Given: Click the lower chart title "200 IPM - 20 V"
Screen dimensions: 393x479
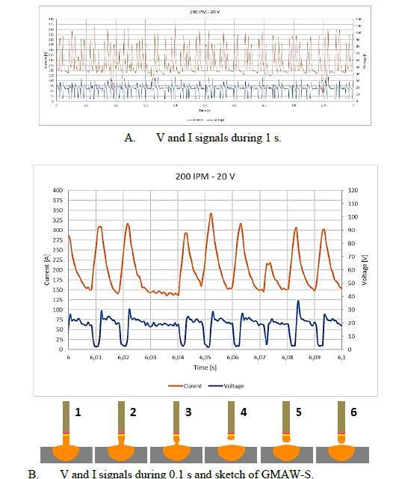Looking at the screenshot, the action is coord(205,177).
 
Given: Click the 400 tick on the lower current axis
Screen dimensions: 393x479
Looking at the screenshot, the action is coord(58,190).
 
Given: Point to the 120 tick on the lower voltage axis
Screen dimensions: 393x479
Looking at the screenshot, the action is coord(348,190).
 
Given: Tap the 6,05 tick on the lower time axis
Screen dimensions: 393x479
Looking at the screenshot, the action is coord(205,358).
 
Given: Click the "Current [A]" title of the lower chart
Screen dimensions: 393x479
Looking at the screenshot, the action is coord(47,269).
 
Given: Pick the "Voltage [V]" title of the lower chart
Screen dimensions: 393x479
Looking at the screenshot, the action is coord(362,269).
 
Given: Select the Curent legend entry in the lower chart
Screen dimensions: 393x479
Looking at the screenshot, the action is coord(182,386).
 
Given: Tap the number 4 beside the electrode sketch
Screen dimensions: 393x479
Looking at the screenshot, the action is coord(243,410).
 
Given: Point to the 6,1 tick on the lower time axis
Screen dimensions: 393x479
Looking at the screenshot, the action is coord(341,358).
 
